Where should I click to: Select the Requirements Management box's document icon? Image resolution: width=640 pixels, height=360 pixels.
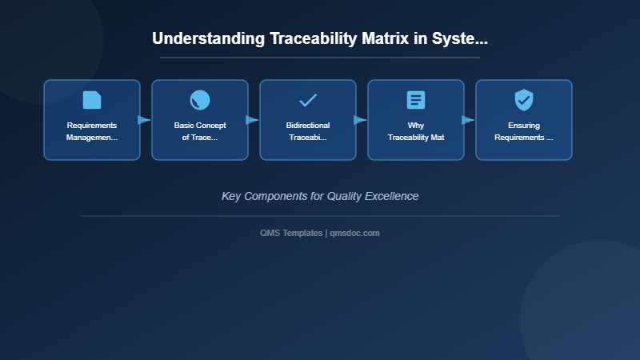click(x=92, y=100)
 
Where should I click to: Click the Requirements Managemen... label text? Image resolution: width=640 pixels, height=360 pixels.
click(x=92, y=131)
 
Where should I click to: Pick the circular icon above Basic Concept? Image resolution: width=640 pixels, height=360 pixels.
click(x=200, y=100)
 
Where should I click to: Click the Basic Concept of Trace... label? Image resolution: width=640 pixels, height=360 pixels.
click(x=200, y=131)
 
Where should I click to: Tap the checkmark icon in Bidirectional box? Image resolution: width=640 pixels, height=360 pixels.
click(x=308, y=100)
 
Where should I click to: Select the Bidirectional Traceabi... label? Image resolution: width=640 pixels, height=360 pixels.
click(x=308, y=131)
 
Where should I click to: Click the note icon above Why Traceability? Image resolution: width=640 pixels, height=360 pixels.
click(x=416, y=100)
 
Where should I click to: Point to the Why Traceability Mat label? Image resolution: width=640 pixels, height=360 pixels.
click(x=416, y=131)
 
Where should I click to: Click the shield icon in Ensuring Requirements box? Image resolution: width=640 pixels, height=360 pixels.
click(x=524, y=100)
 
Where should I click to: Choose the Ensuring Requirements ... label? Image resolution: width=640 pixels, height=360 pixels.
click(x=524, y=131)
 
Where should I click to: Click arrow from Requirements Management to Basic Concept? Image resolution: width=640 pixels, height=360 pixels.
click(x=144, y=120)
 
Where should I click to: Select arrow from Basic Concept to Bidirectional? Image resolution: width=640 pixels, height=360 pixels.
click(x=252, y=120)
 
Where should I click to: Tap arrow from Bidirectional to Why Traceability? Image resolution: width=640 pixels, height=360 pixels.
click(x=360, y=120)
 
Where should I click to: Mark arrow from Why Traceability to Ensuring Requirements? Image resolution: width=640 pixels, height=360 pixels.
click(x=468, y=120)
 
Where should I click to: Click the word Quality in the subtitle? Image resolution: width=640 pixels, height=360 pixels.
click(x=345, y=196)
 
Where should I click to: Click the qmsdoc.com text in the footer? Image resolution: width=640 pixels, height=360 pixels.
click(x=355, y=233)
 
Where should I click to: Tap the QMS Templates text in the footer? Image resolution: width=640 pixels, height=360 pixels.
click(x=291, y=233)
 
